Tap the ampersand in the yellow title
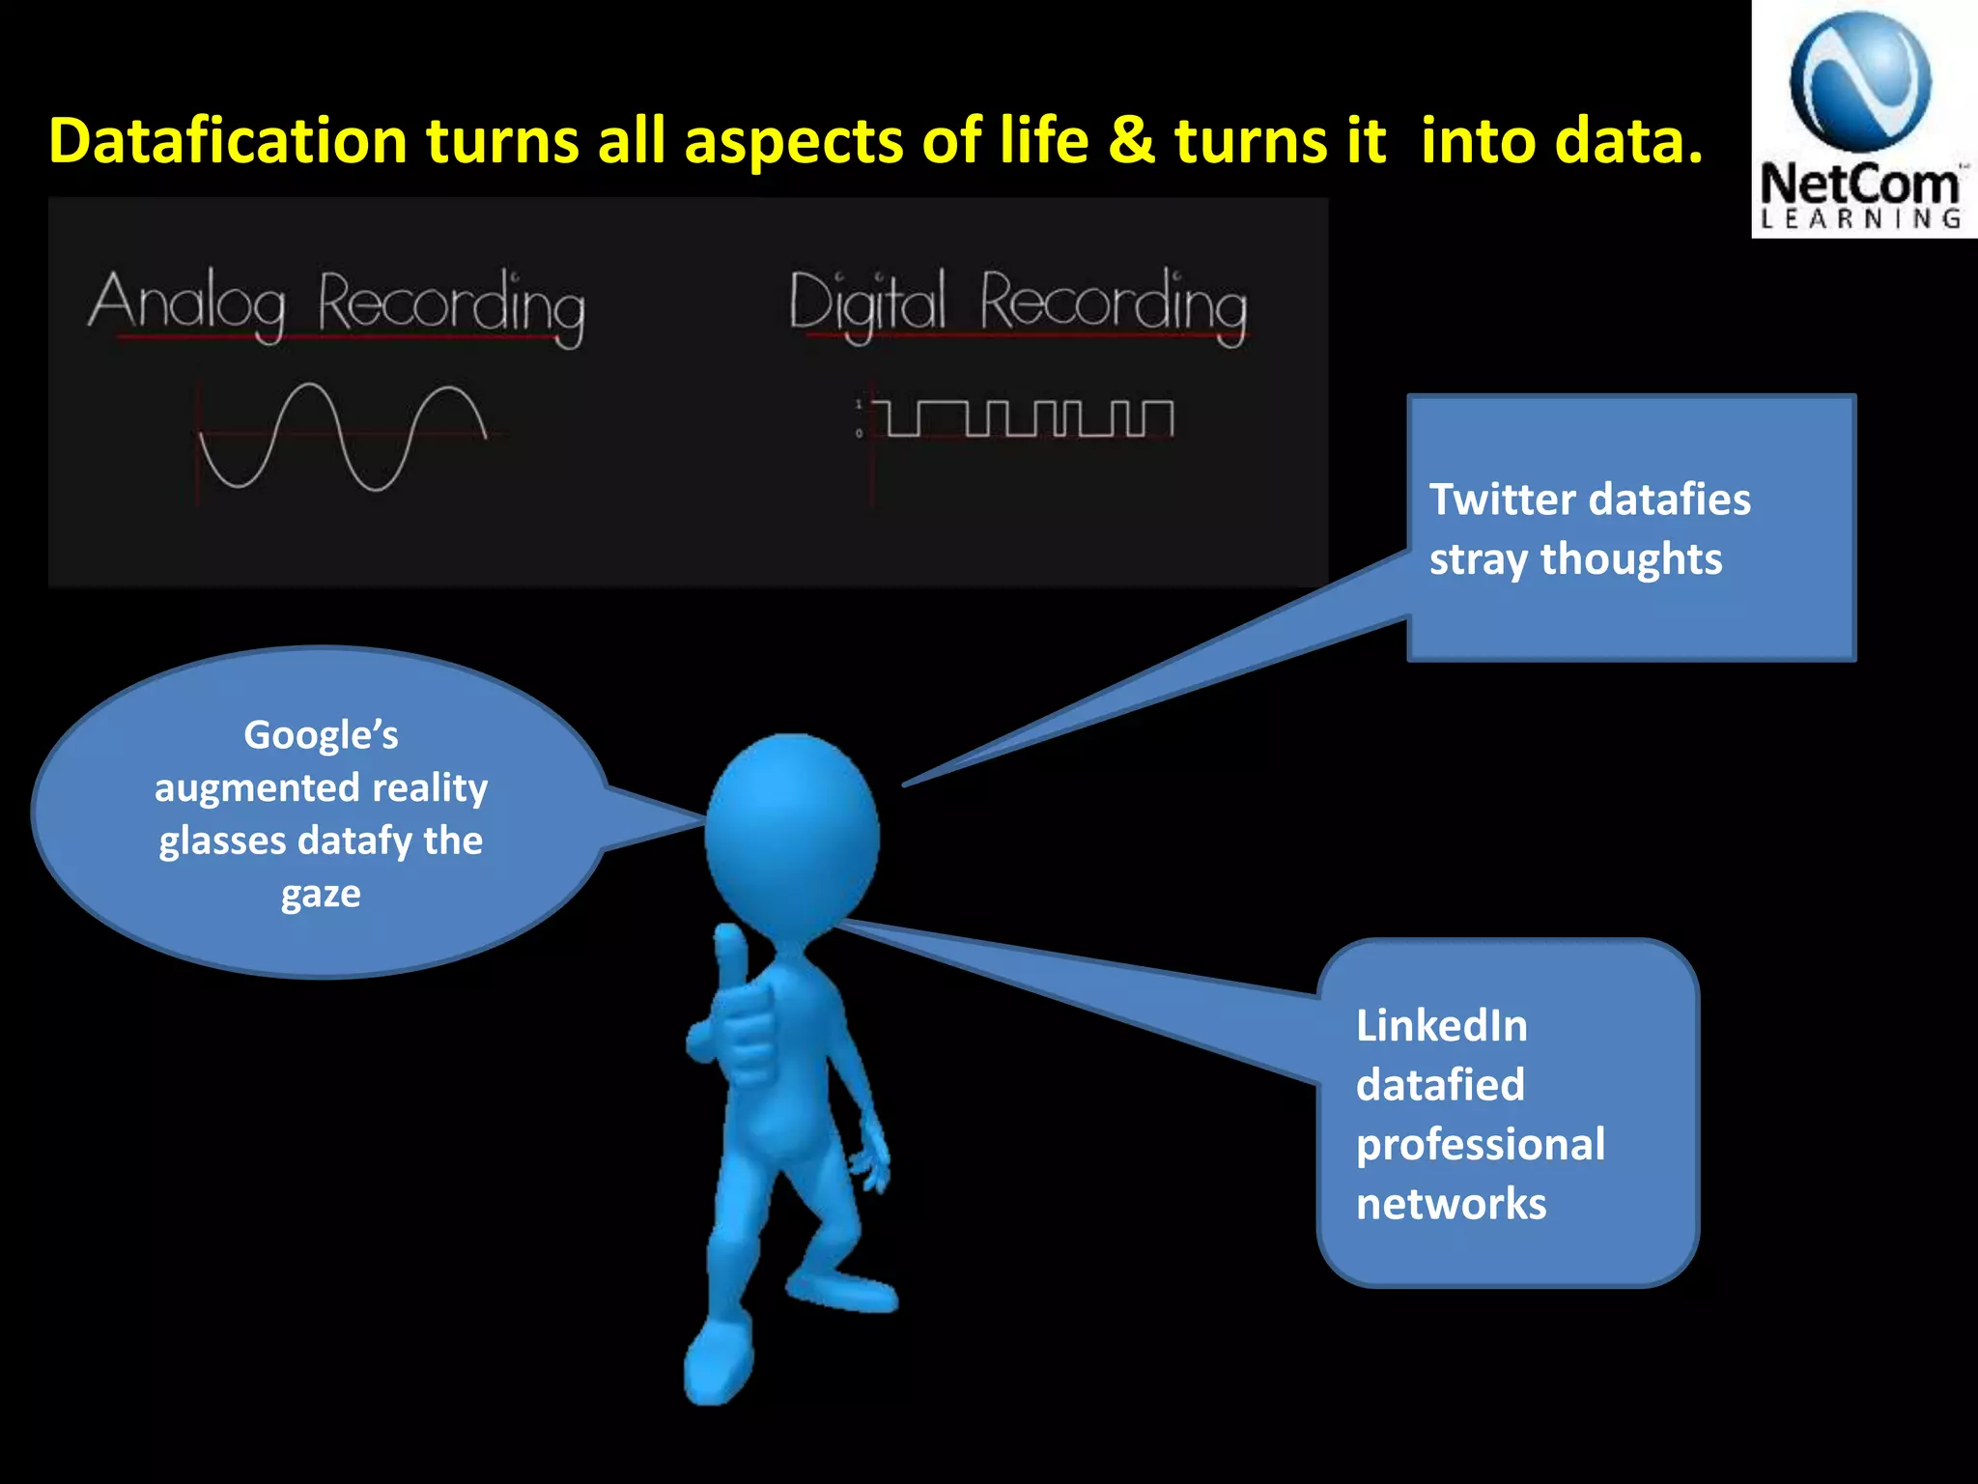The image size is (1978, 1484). click(x=1131, y=141)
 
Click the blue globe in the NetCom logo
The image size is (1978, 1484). click(x=1860, y=83)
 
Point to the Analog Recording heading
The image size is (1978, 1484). click(x=336, y=304)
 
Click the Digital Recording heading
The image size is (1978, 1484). click(x=1018, y=304)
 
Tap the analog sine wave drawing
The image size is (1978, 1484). click(x=343, y=437)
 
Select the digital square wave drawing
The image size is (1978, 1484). click(x=1028, y=419)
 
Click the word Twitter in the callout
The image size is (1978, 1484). click(x=1502, y=500)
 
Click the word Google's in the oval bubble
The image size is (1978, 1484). click(x=321, y=735)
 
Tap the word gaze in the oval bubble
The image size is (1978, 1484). click(x=321, y=895)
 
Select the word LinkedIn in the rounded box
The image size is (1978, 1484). click(x=1441, y=1026)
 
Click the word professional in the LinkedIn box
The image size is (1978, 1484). click(x=1480, y=1145)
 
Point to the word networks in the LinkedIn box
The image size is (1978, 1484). click(x=1451, y=1205)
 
